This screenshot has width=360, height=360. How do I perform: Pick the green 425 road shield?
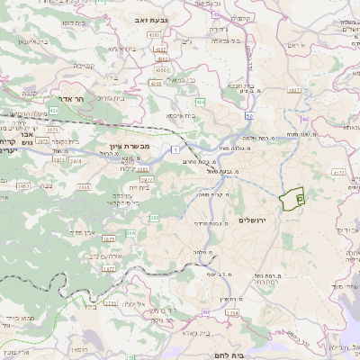coord(54,110)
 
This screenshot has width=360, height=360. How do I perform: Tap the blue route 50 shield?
coord(247,115)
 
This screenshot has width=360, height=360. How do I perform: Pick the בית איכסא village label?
coord(180,115)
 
